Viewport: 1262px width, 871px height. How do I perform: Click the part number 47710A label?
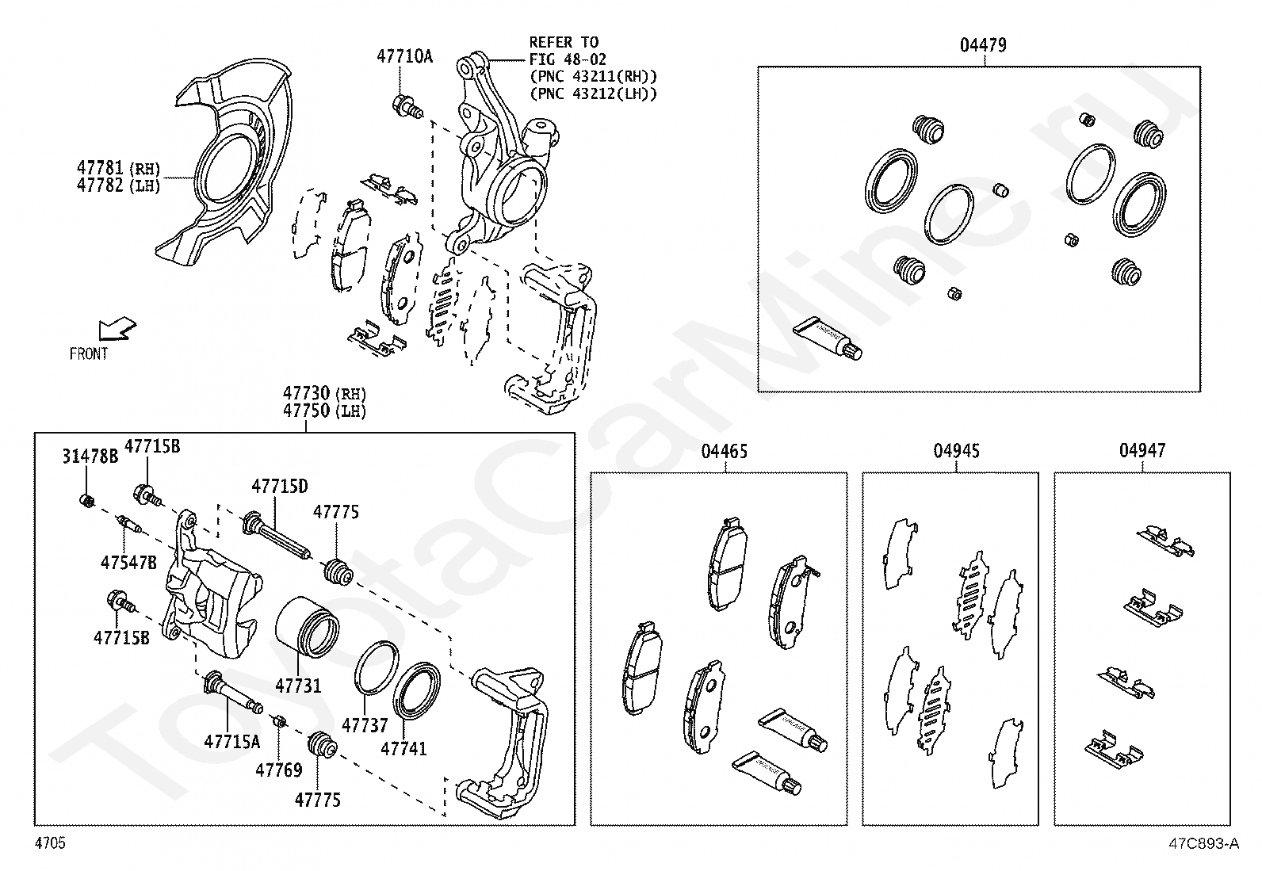pyautogui.click(x=404, y=56)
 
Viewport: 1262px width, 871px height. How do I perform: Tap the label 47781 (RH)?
pyautogui.click(x=118, y=168)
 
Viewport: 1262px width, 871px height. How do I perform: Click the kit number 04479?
pyautogui.click(x=983, y=45)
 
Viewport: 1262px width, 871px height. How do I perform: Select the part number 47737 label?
pyautogui.click(x=365, y=725)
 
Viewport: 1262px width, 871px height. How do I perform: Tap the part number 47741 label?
pyautogui.click(x=403, y=748)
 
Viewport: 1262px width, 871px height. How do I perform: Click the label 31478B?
pyautogui.click(x=90, y=456)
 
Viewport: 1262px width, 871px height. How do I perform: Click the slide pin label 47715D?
pyautogui.click(x=280, y=486)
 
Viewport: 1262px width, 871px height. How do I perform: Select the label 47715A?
pyautogui.click(x=231, y=741)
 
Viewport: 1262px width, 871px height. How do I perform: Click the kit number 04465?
pyautogui.click(x=724, y=452)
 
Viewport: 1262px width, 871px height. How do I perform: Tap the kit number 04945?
pyautogui.click(x=956, y=451)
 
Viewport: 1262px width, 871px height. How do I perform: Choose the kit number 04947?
pyautogui.click(x=1142, y=451)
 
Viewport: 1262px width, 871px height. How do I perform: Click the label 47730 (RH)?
pyautogui.click(x=325, y=393)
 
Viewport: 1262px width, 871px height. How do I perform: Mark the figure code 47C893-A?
pyautogui.click(x=1202, y=844)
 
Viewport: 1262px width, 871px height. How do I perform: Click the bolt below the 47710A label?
pyautogui.click(x=407, y=105)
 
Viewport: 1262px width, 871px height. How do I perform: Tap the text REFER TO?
pyautogui.click(x=564, y=42)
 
